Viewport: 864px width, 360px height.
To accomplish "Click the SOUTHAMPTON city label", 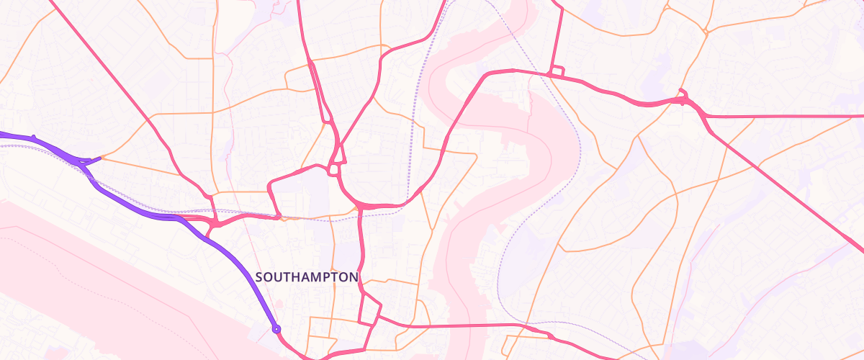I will click(307, 277).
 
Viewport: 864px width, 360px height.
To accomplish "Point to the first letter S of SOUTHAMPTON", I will click(259, 277).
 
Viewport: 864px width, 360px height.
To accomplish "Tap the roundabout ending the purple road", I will click(276, 329).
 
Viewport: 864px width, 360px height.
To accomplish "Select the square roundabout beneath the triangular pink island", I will click(333, 170).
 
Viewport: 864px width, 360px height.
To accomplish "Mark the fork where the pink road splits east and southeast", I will click(706, 115).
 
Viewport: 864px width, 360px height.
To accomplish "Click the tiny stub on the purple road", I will click(33, 136).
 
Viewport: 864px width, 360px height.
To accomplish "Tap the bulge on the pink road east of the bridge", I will click(549, 336).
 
